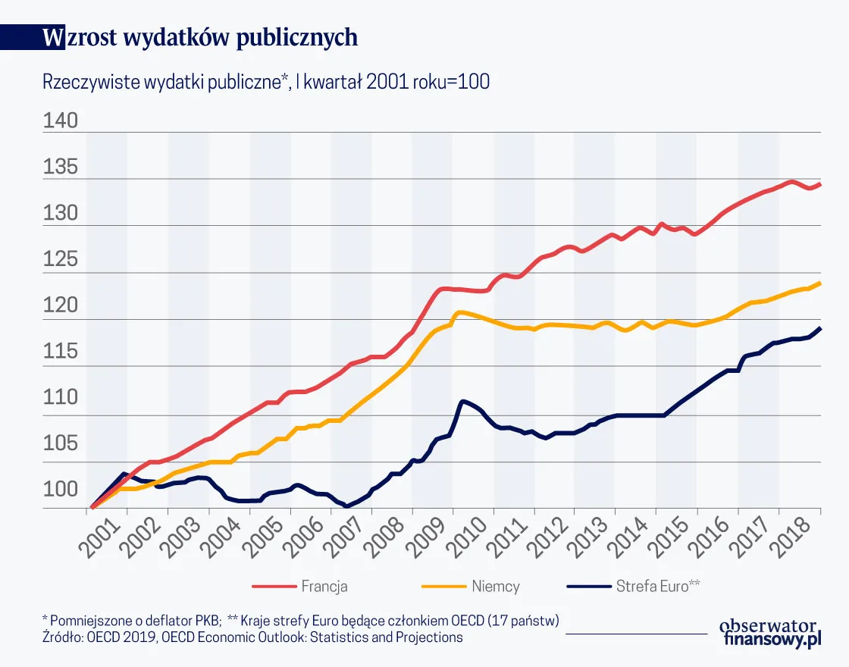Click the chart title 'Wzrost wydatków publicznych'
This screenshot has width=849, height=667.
[x=200, y=38]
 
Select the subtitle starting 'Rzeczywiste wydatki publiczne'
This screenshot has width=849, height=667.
[x=266, y=83]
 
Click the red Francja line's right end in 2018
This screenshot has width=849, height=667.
[x=820, y=184]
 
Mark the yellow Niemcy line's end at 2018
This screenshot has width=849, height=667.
[x=820, y=283]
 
